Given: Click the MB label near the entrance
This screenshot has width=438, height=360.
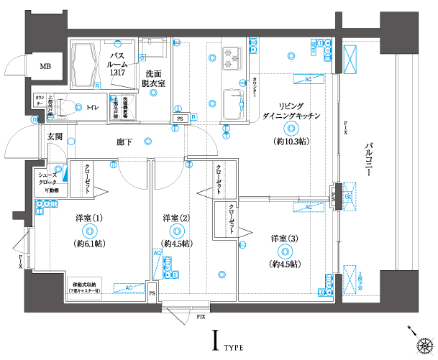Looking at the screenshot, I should tap(45, 67).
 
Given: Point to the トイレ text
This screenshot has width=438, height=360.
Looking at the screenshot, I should tap(93, 108).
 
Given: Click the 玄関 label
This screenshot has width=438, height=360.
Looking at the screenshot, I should tap(55, 136).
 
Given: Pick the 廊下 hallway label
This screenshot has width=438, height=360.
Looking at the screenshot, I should tap(124, 142).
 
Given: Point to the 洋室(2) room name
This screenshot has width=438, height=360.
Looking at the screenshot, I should tap(175, 218).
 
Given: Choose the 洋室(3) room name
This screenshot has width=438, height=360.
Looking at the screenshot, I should tap(285, 238).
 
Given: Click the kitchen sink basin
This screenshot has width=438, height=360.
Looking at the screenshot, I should tap(234, 103).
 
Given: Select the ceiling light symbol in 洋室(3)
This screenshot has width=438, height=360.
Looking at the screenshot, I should tap(285, 251).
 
